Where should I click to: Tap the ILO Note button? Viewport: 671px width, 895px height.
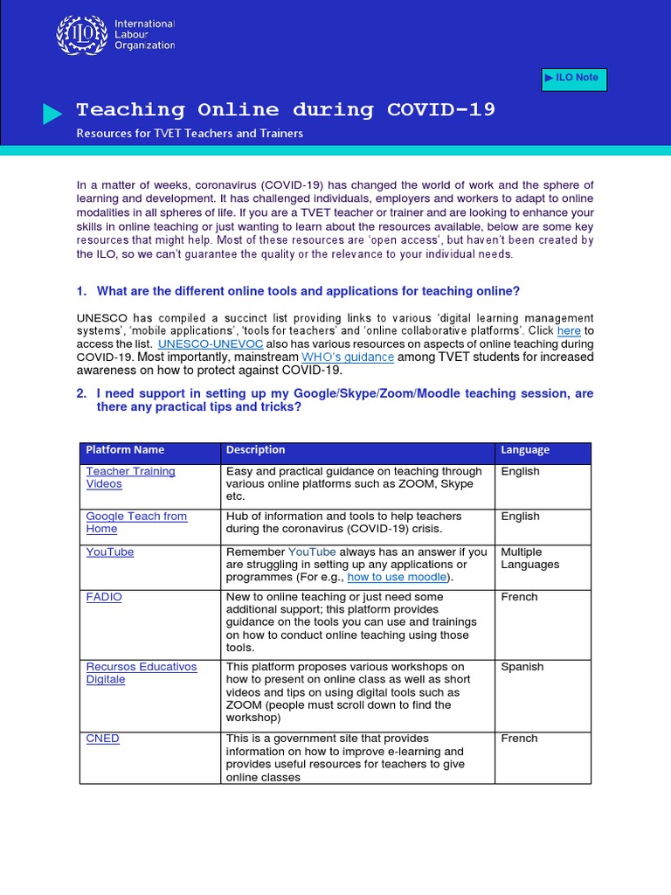(574, 79)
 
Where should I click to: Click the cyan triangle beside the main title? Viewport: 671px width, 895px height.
(52, 114)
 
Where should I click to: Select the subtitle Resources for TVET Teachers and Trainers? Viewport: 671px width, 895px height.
(190, 134)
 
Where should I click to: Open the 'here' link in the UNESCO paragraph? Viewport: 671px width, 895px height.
(569, 331)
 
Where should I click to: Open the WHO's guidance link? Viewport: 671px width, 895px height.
(348, 357)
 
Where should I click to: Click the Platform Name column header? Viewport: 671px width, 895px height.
(125, 450)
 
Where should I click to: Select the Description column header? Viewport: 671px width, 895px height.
(255, 450)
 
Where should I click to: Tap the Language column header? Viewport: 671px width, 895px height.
(525, 450)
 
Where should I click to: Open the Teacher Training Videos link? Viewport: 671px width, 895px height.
(130, 477)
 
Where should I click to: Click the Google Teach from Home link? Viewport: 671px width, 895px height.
(136, 523)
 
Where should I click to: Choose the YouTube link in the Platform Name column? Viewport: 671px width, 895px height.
(110, 552)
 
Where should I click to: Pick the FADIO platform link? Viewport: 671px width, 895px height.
(104, 597)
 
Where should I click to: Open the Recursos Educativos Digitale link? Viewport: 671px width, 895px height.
(142, 673)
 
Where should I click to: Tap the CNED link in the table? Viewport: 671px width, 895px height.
(103, 739)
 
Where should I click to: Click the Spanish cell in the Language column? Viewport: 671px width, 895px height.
(522, 667)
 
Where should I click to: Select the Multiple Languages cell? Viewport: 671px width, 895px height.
(529, 559)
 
